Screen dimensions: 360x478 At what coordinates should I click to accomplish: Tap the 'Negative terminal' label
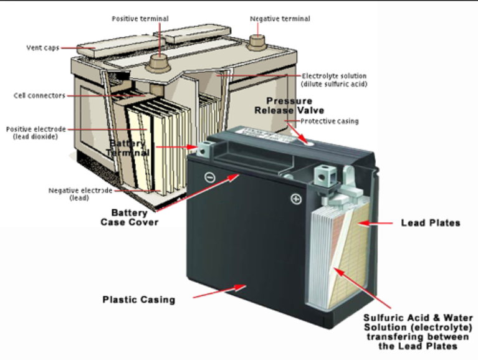280,19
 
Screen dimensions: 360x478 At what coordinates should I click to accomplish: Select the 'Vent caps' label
42,47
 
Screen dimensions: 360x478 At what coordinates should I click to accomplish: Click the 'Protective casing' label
330,121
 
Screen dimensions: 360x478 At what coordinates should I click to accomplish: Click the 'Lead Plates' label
431,222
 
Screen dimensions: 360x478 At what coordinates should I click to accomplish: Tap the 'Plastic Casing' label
139,300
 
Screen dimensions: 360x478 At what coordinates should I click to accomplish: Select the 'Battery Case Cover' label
130,217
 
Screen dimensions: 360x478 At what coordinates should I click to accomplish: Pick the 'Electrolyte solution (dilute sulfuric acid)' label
334,80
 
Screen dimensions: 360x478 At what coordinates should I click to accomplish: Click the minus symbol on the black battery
209,177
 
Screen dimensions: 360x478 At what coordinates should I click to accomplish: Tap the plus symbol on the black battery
296,199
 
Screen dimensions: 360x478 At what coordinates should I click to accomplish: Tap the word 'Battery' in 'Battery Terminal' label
127,143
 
